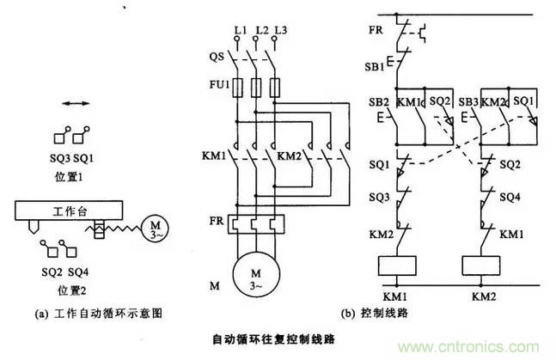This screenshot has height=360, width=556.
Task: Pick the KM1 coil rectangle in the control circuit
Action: [397, 265]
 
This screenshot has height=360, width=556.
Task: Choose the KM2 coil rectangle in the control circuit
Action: [481, 265]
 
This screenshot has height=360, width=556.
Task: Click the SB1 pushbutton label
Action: [374, 67]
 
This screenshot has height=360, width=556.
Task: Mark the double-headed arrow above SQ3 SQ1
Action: [75, 104]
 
